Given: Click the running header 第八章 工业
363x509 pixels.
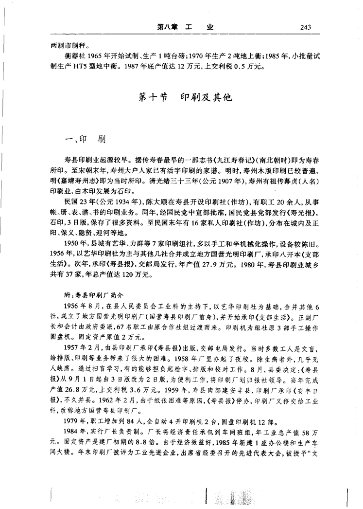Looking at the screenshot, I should point(186,27).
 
